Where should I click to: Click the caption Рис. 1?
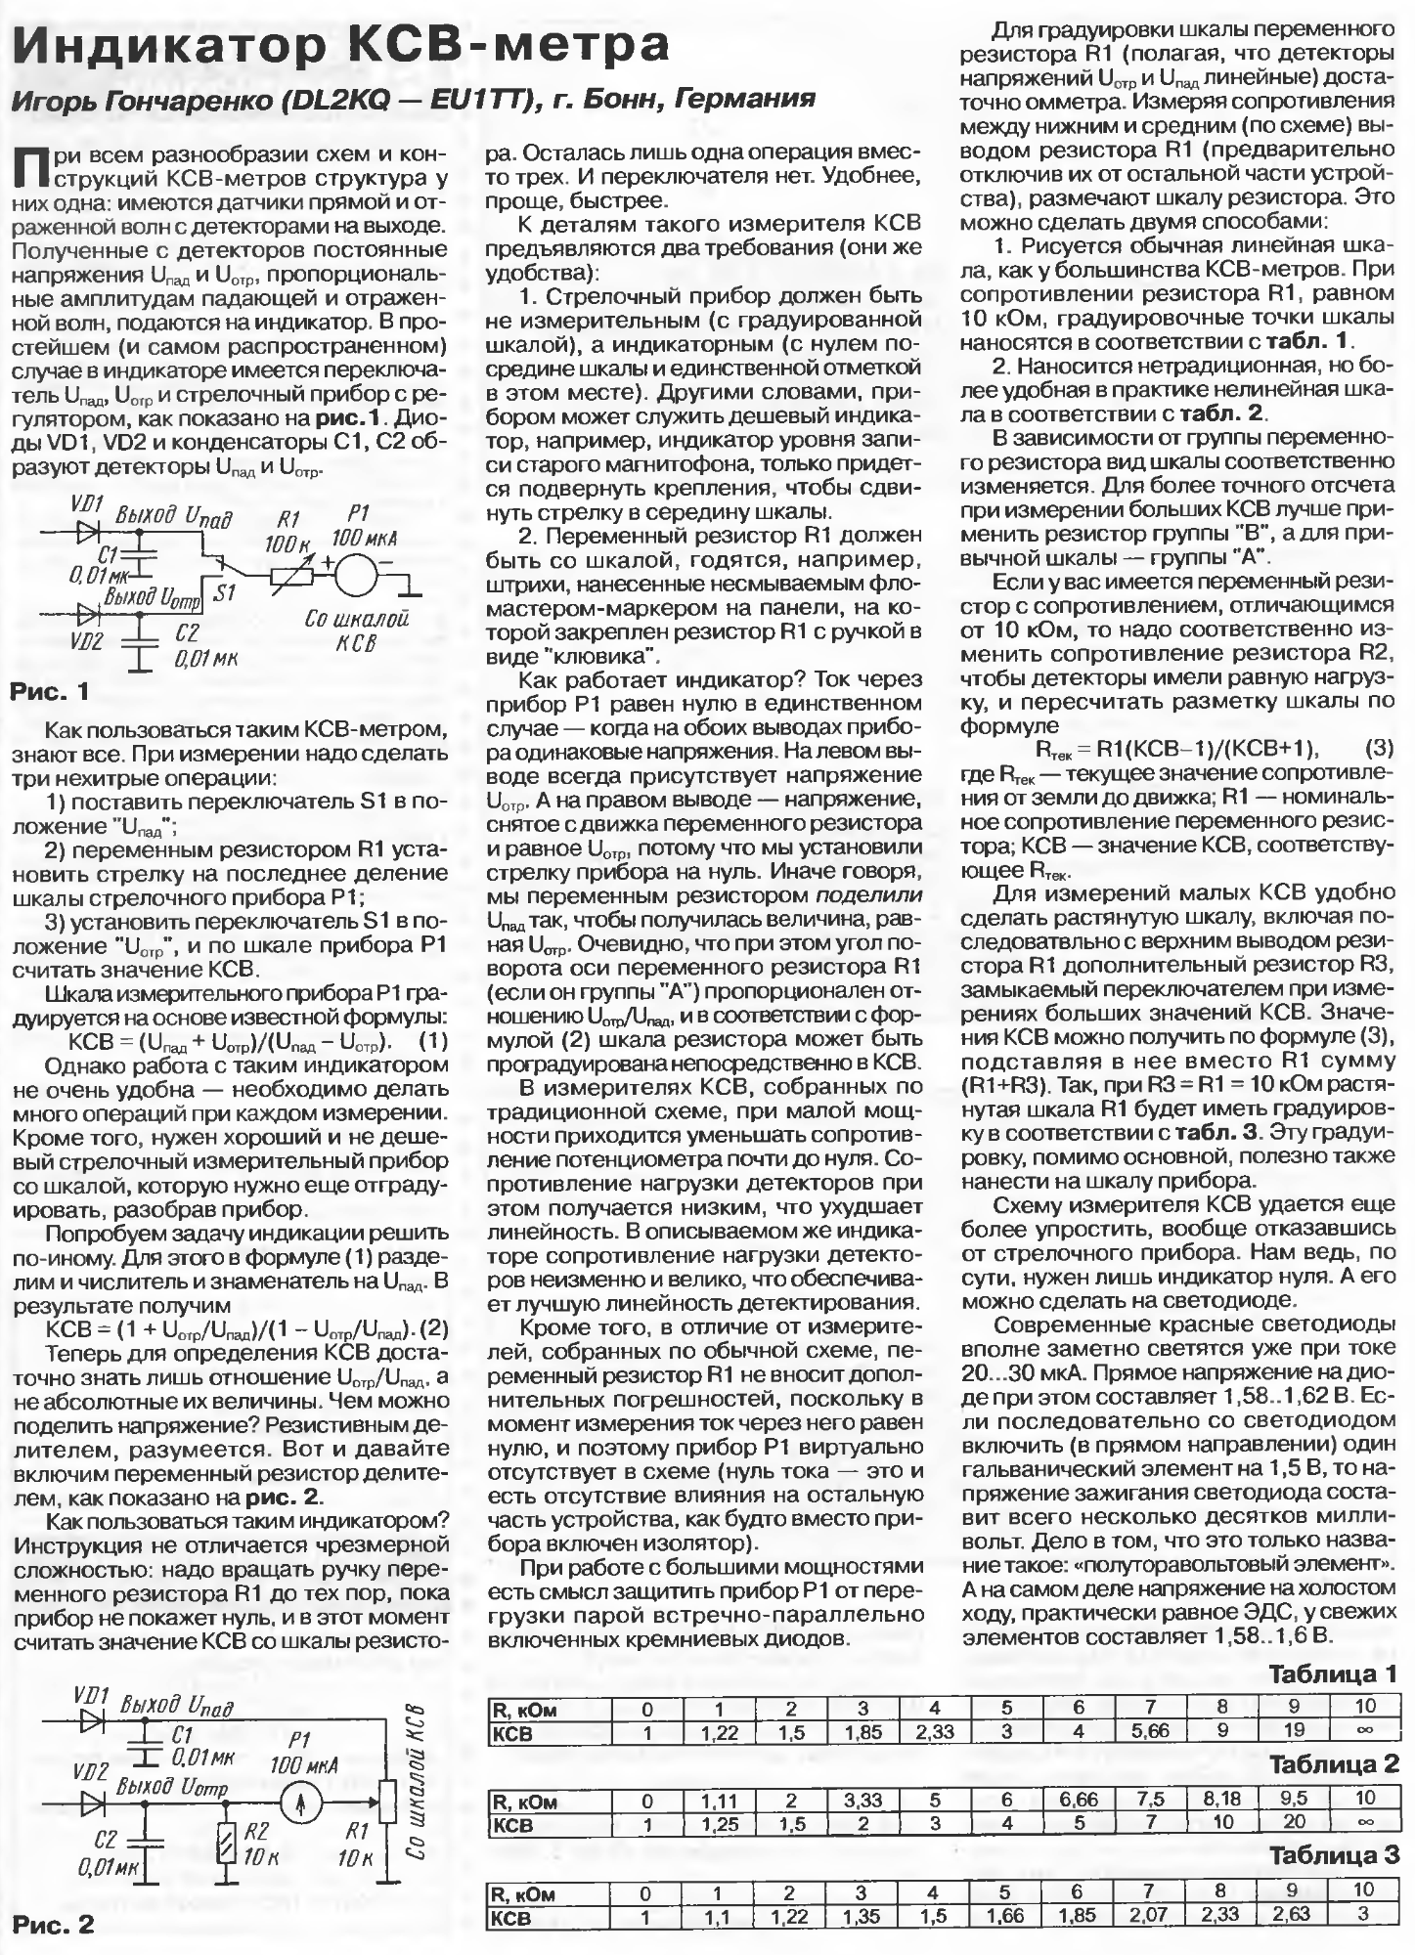pyautogui.click(x=49, y=692)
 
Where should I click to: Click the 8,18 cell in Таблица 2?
pyautogui.click(x=1221, y=1797)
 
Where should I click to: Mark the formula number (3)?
pyautogui.click(x=1379, y=749)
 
